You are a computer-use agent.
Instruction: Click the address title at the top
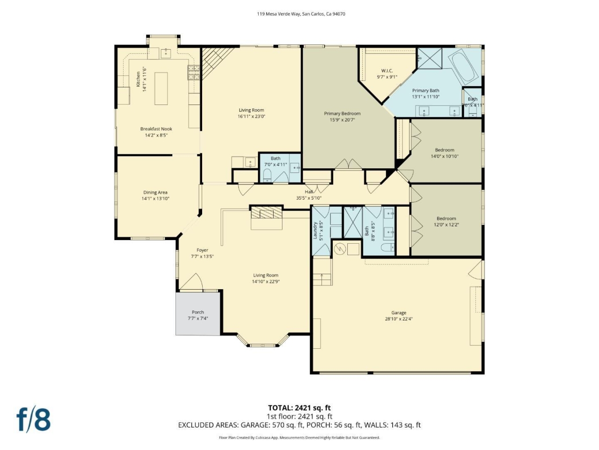coord(301,14)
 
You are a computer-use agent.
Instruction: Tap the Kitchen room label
coord(139,79)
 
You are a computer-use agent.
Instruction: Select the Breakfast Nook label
coord(156,129)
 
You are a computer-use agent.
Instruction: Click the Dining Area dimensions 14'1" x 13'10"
coord(155,199)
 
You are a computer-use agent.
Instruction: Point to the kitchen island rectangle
coord(161,89)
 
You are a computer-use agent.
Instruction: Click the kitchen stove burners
coord(194,72)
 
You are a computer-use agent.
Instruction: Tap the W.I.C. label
coord(387,71)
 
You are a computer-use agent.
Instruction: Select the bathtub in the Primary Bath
coord(463,67)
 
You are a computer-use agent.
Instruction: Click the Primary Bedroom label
coord(342,113)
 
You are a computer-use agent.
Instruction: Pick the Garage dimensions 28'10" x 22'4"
coord(399,319)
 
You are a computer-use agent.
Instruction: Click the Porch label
coord(198,312)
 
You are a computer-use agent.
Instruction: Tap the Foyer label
coord(202,250)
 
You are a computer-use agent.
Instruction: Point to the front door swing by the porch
coord(190,282)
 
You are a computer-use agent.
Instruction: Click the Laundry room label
coord(315,230)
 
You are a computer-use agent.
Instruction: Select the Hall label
coord(309,192)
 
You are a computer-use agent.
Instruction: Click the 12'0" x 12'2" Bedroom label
coord(446,218)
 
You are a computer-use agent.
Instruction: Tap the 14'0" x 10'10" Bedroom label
coord(445,150)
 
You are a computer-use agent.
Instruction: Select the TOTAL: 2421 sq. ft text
coord(299,408)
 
